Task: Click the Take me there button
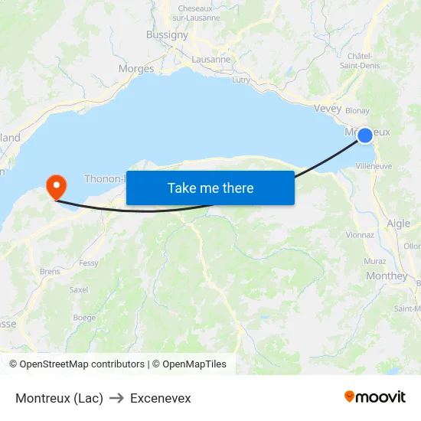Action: pyautogui.click(x=210, y=188)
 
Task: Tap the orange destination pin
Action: pyautogui.click(x=56, y=185)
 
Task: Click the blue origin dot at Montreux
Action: pyautogui.click(x=365, y=135)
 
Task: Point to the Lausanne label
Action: pyautogui.click(x=211, y=59)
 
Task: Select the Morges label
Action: pyautogui.click(x=136, y=69)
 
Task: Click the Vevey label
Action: pyautogui.click(x=328, y=109)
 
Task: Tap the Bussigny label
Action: pyautogui.click(x=167, y=34)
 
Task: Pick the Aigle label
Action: pyautogui.click(x=398, y=224)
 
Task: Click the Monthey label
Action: pyautogui.click(x=387, y=276)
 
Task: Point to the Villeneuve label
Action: pyautogui.click(x=374, y=165)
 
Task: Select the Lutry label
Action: pyautogui.click(x=240, y=80)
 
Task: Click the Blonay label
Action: pyautogui.click(x=357, y=110)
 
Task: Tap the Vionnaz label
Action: pyautogui.click(x=360, y=235)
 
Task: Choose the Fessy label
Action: pyautogui.click(x=89, y=263)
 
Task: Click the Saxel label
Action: pyautogui.click(x=79, y=290)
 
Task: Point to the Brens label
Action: pyautogui.click(x=50, y=271)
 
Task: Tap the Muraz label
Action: pyautogui.click(x=375, y=261)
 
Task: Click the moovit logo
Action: pyautogui.click(x=375, y=397)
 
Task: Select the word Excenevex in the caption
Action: pyautogui.click(x=160, y=398)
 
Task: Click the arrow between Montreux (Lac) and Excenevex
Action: pyautogui.click(x=116, y=398)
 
